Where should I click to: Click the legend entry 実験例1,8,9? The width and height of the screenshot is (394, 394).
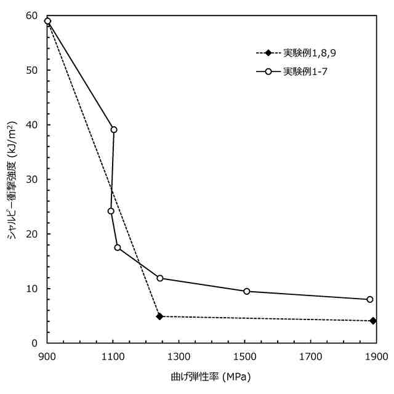coord(310,53)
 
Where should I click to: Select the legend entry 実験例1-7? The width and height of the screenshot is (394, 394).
coord(305,72)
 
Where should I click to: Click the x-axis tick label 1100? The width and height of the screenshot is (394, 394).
coord(113,356)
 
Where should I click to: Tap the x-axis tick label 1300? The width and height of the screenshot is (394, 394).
coord(179,356)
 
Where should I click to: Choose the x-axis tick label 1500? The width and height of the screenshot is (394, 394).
coord(244,356)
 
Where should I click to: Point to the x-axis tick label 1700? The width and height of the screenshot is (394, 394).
coord(310,356)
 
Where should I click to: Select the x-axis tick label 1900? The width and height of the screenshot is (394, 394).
coord(376,356)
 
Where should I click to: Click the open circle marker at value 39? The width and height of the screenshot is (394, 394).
coord(114,130)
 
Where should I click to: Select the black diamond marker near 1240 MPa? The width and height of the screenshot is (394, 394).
coord(159,316)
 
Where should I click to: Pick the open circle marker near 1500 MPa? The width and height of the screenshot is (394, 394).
coord(247,291)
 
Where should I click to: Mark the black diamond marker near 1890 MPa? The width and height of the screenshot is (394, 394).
coord(373,321)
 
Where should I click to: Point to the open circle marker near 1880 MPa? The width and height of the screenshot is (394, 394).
coord(369,299)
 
